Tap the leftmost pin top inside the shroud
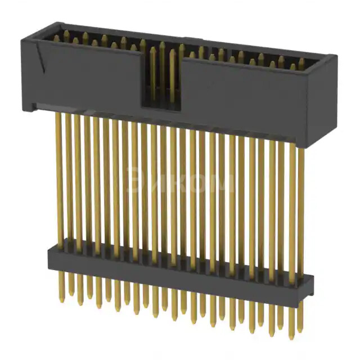[56, 38]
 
